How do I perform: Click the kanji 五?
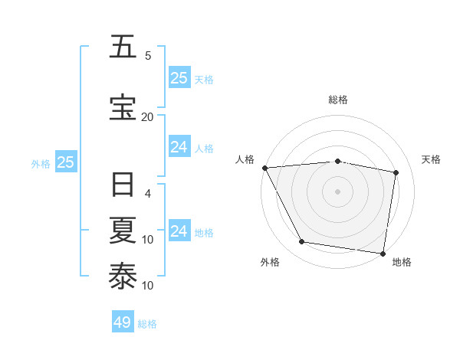point(123,47)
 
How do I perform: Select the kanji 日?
point(123,185)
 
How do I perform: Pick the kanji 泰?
point(123,275)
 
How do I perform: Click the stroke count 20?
point(147,116)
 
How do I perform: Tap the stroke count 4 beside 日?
point(148,194)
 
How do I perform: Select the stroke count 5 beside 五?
point(148,56)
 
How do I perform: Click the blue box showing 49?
point(123,322)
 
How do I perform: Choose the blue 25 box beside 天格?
point(179,78)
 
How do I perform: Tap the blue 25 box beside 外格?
point(65,162)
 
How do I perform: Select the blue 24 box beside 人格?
point(179,147)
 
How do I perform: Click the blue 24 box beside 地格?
point(179,231)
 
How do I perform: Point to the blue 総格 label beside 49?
point(147,324)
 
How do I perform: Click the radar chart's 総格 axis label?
point(337,100)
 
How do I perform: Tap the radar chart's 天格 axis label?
point(431,159)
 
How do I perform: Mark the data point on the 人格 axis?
point(264,168)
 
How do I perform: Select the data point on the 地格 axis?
point(383,253)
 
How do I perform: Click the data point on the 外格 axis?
point(302,242)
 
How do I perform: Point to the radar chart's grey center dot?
point(337,191)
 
